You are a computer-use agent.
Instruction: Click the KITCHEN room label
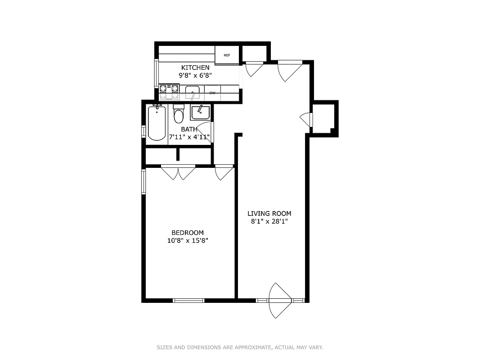point(195,67)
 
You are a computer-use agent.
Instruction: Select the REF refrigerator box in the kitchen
point(227,55)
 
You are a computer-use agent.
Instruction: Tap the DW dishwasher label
point(212,93)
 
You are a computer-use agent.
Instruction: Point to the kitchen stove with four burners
point(169,91)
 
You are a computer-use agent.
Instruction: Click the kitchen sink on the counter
point(193,92)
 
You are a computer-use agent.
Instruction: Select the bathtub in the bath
point(157,123)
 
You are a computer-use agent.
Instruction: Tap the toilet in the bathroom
point(179,115)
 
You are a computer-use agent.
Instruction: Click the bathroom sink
point(199,112)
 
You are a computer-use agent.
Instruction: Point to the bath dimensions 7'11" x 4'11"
point(189,137)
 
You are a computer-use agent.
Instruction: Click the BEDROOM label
point(188,233)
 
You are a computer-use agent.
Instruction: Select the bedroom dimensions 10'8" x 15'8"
point(188,241)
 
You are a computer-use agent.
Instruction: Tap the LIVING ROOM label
point(269,214)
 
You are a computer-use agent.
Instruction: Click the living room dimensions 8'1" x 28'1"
point(269,221)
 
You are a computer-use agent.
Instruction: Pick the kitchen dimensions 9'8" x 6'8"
point(195,76)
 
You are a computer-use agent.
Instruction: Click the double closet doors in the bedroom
point(178,172)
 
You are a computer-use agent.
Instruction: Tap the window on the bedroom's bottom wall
point(188,300)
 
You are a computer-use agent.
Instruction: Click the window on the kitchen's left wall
point(157,73)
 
